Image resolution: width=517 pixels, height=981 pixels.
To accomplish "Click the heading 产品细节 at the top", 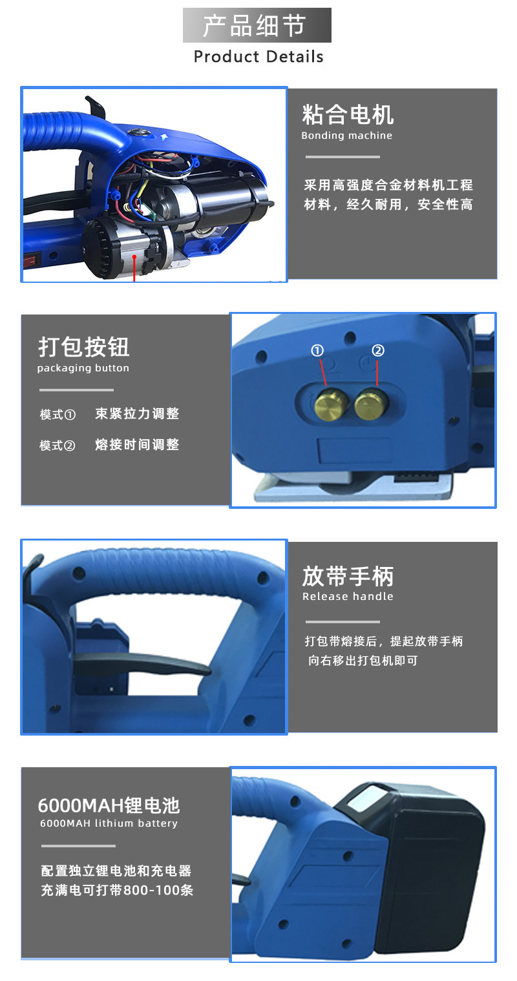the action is pyautogui.click(x=254, y=25).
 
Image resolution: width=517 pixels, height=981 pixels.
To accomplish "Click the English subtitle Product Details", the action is pyautogui.click(x=258, y=56).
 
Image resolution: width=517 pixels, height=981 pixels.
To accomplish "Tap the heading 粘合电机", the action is pyautogui.click(x=348, y=115).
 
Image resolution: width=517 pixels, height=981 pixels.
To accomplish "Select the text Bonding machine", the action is pyautogui.click(x=346, y=136).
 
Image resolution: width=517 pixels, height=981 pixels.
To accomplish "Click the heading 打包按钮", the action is pyautogui.click(x=83, y=347).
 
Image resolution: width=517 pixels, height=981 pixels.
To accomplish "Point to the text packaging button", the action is pyautogui.click(x=83, y=368).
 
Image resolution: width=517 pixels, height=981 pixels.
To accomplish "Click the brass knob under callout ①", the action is pyautogui.click(x=332, y=405).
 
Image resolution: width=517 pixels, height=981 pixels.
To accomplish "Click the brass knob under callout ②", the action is pyautogui.click(x=371, y=404).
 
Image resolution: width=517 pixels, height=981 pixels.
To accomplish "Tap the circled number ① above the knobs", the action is pyautogui.click(x=317, y=350).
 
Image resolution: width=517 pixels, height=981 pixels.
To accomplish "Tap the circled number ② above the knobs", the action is pyautogui.click(x=378, y=350).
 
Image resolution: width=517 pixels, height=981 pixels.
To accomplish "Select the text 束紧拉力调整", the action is pyautogui.click(x=137, y=413).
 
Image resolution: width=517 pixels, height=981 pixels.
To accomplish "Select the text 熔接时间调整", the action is pyautogui.click(x=137, y=444).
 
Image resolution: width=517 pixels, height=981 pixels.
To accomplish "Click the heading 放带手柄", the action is pyautogui.click(x=348, y=576).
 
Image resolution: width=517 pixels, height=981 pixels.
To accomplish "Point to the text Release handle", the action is pyautogui.click(x=348, y=596).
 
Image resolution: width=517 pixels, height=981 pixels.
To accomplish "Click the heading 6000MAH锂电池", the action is pyautogui.click(x=109, y=805).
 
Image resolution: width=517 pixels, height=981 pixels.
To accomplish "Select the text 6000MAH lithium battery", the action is pyautogui.click(x=109, y=823).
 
